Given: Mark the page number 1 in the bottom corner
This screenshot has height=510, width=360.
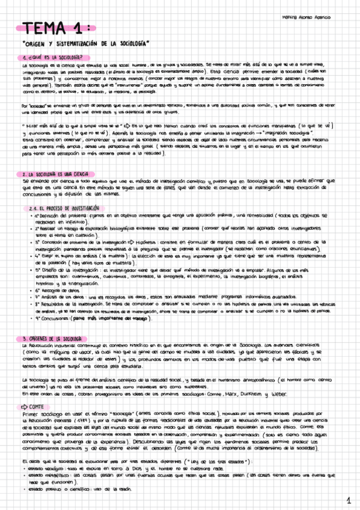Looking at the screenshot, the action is pyautogui.click(x=348, y=500).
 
